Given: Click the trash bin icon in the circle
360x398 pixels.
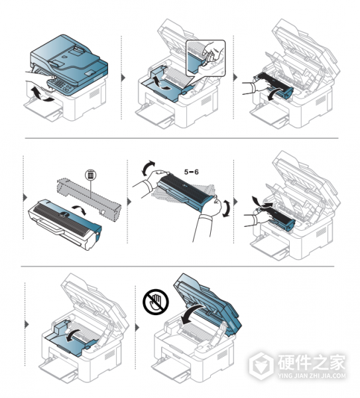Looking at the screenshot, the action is coord(91,175).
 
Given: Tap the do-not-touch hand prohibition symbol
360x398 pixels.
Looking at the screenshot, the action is coord(156,302).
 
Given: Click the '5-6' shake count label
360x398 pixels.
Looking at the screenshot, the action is coord(192,172).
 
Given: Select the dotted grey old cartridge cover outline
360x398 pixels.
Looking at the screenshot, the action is coord(90,198).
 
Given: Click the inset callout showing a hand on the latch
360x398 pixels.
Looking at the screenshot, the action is coord(206,58).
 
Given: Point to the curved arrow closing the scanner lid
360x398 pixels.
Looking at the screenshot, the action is coord(194,314).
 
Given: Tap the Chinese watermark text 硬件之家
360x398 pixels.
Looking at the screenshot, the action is coord(312,362).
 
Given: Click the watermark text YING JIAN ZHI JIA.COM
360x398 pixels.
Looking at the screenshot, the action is coord(312,375).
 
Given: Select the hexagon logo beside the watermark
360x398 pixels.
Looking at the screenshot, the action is coord(262,365).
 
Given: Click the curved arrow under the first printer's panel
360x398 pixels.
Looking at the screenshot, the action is coord(40,95).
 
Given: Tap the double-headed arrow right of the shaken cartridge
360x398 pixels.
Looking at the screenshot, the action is coord(227,208).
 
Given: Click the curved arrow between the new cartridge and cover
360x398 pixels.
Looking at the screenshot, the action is coord(80,210).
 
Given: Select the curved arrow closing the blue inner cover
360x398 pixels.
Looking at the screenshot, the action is coord(72,336).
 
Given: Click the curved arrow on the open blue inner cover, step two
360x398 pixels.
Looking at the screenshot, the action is coord(161,84).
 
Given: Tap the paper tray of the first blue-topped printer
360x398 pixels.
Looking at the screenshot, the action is coord(44,108).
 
